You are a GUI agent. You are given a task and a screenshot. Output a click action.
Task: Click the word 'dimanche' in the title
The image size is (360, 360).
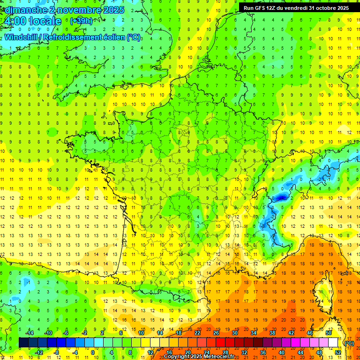24,10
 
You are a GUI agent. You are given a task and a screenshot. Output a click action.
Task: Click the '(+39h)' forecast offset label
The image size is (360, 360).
81,21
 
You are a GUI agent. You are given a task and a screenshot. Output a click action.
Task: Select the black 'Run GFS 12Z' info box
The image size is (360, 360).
296,7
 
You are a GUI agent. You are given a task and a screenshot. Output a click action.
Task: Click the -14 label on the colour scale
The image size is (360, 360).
30,333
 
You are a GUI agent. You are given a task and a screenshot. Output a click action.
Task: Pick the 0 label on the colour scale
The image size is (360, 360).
93,352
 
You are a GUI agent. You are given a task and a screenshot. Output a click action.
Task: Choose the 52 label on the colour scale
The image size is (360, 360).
337,352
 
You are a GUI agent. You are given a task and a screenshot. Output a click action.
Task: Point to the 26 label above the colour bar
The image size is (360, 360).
216,333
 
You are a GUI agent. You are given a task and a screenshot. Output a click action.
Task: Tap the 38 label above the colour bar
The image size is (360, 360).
272,333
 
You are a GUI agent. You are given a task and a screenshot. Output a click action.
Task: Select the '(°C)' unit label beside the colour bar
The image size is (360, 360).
349,343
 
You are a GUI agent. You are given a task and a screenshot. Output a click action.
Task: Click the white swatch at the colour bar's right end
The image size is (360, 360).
333,343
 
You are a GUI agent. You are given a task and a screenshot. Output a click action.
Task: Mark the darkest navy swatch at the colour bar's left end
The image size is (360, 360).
23,343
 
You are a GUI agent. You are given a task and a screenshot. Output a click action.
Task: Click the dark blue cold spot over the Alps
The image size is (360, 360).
280,197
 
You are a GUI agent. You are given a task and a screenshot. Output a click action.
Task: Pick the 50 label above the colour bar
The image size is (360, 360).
329,333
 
